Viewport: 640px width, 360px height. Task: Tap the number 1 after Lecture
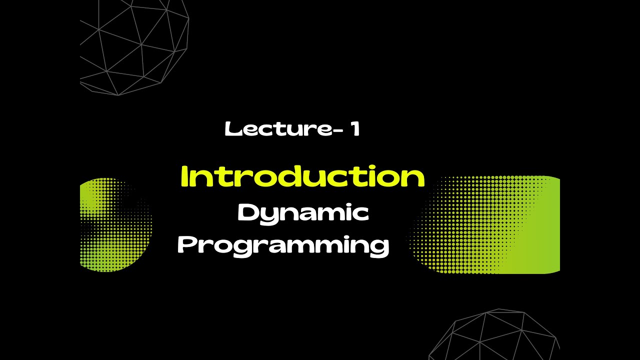coord(354,129)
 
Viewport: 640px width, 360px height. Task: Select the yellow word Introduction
coord(302,177)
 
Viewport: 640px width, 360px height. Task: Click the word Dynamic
coord(303,213)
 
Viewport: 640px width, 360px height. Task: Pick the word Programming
coord(283,246)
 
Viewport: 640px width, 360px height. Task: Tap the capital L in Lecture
coord(230,129)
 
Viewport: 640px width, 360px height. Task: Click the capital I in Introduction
coord(184,177)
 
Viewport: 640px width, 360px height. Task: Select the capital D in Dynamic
coord(247,213)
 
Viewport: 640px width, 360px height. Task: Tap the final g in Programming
coord(380,248)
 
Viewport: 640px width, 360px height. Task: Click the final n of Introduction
coord(414,178)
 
